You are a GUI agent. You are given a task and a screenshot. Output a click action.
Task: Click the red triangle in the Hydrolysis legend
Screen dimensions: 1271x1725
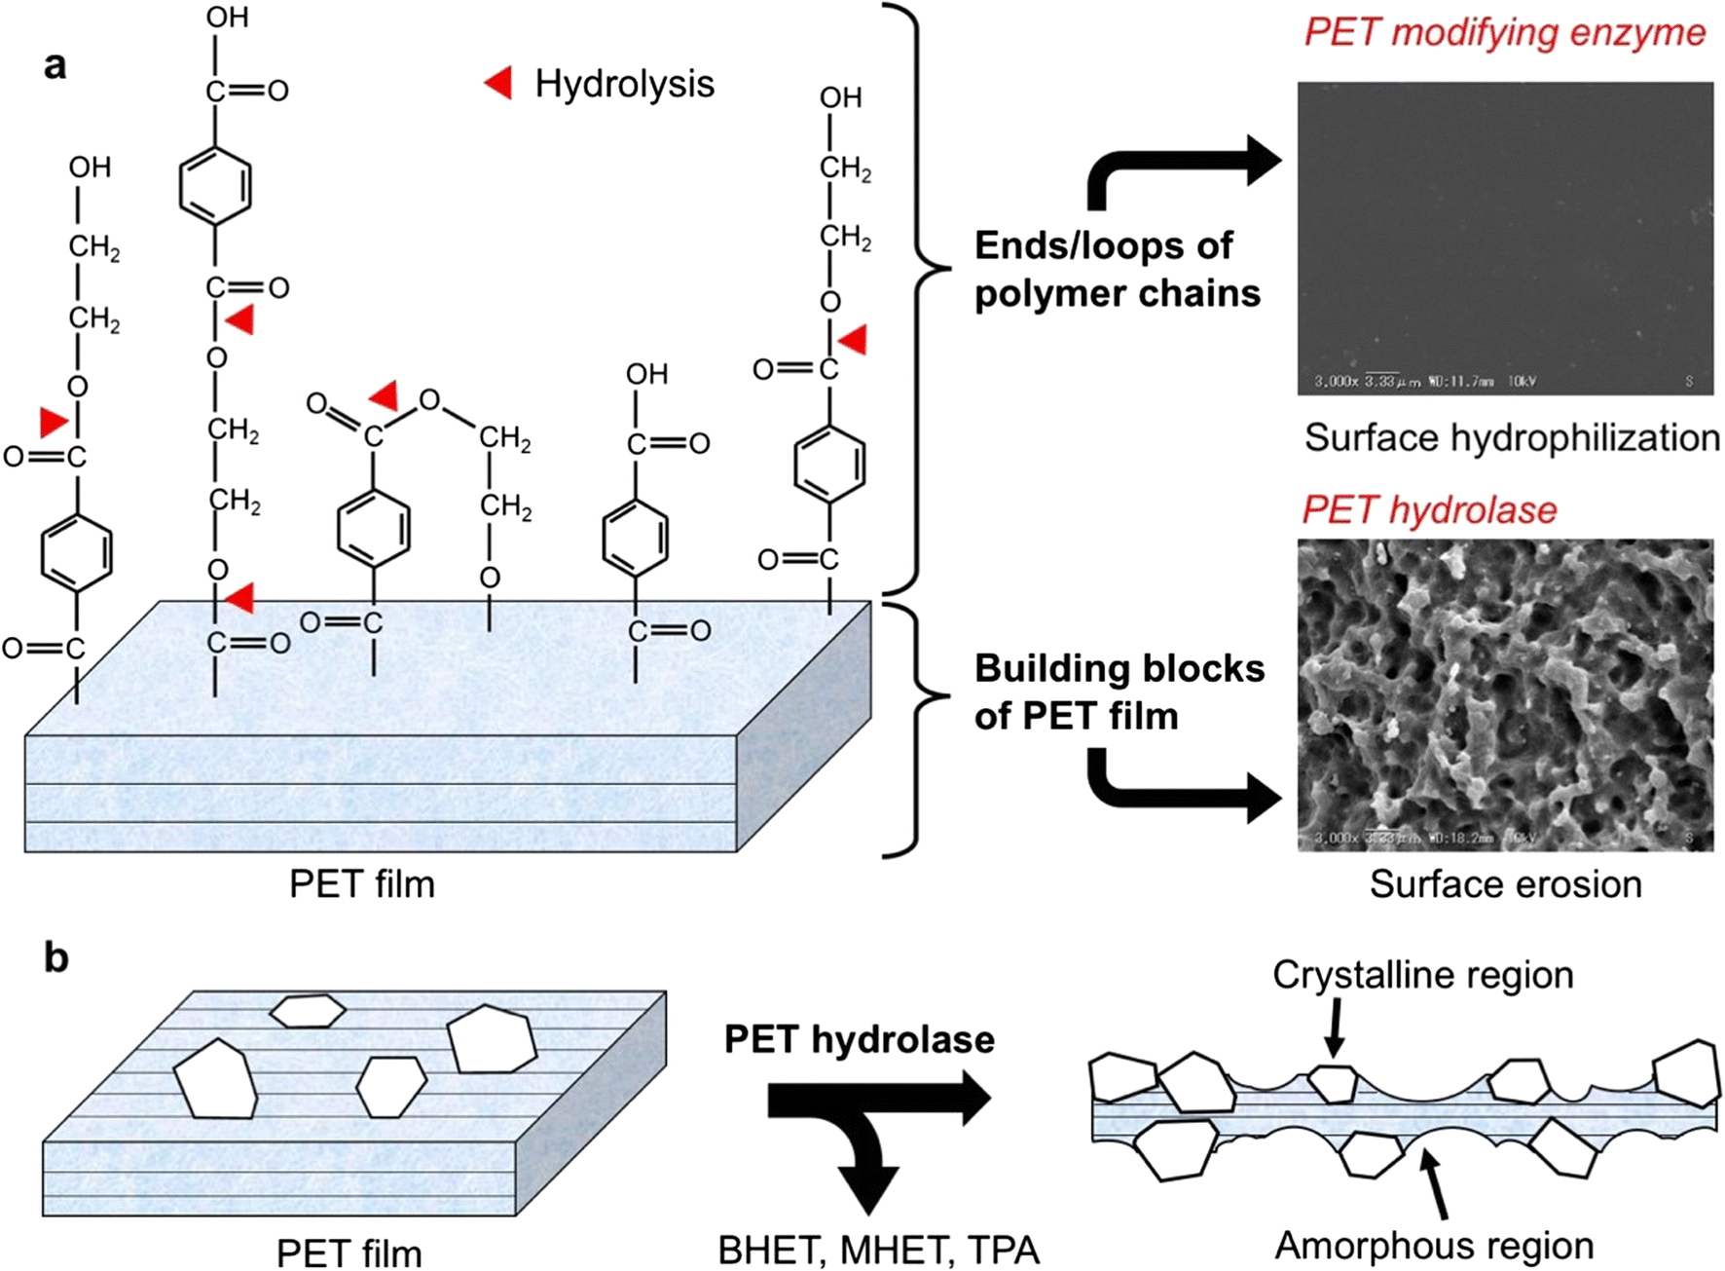500,84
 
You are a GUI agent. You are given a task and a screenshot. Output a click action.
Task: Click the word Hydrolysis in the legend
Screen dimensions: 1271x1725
624,85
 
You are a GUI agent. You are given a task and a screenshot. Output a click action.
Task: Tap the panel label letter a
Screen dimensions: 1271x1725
55,66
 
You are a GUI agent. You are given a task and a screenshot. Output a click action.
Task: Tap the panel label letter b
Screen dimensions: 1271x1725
56,958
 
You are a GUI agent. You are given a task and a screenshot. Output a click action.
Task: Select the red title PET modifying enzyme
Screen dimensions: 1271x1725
1504,32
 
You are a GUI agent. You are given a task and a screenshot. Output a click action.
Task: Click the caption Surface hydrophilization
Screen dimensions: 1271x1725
1511,438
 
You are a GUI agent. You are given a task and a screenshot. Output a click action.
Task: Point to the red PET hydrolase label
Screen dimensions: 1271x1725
1429,509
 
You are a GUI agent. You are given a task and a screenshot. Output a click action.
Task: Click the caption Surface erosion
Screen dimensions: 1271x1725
1505,884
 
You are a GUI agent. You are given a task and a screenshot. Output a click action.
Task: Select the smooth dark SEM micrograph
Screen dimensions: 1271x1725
1505,239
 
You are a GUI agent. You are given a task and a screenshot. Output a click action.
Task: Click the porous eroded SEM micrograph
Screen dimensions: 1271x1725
1505,695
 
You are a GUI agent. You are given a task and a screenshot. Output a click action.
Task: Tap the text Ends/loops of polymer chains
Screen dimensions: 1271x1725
1117,270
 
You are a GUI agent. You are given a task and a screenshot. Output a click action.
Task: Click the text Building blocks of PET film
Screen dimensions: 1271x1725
1119,692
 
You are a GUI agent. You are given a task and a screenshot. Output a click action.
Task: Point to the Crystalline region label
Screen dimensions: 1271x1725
1422,975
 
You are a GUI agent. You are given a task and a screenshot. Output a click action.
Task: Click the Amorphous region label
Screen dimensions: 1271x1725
1434,1246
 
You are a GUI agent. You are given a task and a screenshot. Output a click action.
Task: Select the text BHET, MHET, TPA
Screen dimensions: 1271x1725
878,1251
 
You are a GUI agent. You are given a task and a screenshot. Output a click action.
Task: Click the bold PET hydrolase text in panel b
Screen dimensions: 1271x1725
859,1040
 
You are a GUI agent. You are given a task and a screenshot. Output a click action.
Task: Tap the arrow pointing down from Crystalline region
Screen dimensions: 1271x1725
1336,1030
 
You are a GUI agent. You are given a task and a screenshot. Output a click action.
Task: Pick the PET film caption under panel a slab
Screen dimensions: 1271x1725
362,884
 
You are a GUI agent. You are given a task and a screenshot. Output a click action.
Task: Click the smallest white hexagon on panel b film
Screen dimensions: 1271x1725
308,1011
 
